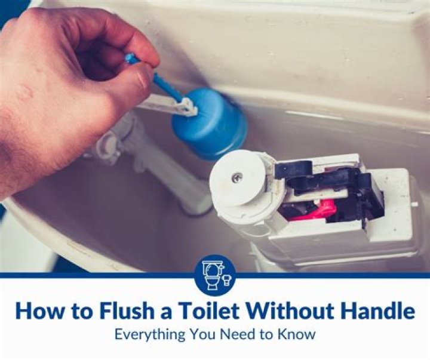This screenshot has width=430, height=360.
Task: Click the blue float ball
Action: tap(210, 124)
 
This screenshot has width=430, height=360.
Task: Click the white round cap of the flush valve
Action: tap(238, 179)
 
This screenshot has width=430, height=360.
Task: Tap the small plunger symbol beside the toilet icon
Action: tap(226, 280)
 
